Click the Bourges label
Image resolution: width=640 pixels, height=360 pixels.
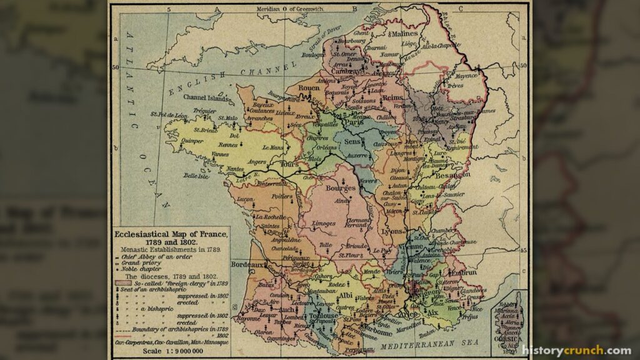pyautogui.click(x=341, y=187)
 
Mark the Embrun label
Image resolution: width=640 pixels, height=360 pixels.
pyautogui.click(x=462, y=272)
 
